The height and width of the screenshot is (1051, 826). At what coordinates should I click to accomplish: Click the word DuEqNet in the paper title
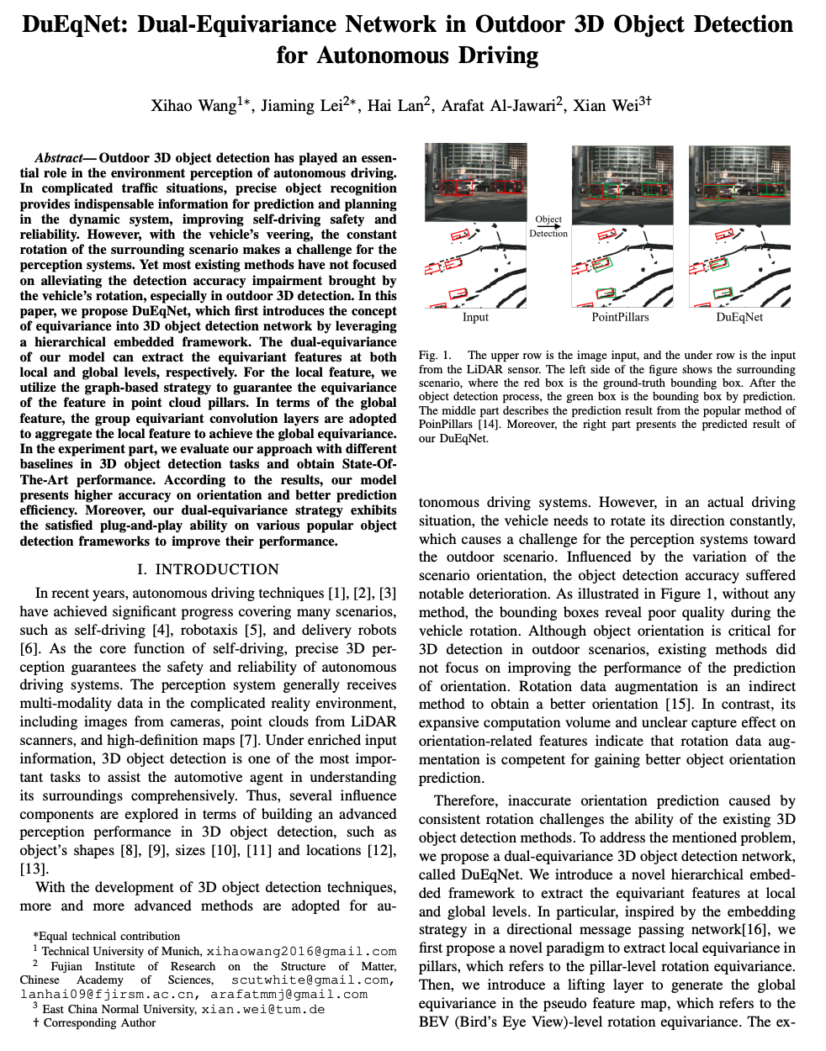click(x=72, y=24)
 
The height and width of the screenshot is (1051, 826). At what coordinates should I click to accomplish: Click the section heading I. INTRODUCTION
click(x=208, y=569)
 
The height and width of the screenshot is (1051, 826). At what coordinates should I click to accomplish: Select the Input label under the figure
click(x=475, y=317)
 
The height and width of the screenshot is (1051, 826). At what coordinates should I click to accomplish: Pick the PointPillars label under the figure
click(x=620, y=317)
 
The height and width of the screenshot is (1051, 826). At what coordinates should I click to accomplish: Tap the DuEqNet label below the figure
click(x=739, y=317)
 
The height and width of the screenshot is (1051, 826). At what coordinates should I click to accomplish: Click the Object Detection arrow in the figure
click(x=548, y=227)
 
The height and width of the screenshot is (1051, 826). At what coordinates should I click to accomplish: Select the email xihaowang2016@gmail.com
click(x=301, y=951)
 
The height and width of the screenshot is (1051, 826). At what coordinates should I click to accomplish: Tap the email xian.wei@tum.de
click(x=262, y=1009)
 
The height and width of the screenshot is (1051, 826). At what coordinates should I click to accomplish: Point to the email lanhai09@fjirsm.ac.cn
click(x=110, y=994)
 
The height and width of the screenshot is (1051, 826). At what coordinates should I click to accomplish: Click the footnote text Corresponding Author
click(x=99, y=1022)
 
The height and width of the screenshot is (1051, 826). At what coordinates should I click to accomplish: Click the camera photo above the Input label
click(x=475, y=183)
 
